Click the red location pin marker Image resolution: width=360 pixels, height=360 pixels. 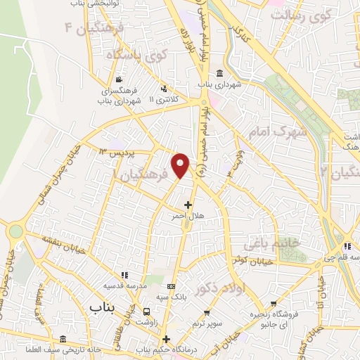pos(181,165)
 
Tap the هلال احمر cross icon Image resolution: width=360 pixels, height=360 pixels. pos(188,205)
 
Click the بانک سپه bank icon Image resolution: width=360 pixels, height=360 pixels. pos(172,287)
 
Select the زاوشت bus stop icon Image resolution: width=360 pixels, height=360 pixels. pos(146,311)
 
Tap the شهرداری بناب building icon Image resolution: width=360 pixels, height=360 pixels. pos(220,74)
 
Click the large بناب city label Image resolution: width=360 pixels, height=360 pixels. pos(105,308)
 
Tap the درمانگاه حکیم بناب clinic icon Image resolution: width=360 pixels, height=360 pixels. pos(166,339)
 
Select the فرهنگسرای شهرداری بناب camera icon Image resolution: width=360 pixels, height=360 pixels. pos(120,79)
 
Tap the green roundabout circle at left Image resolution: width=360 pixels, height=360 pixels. pos(15,231)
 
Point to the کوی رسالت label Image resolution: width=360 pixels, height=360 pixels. pos(302,14)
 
